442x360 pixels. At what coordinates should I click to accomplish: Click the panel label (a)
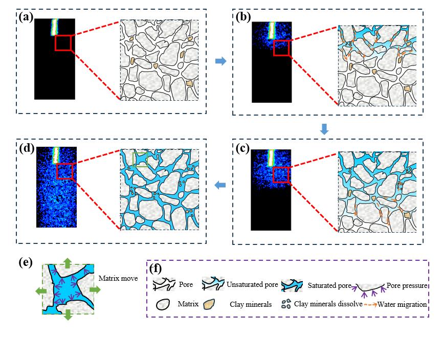[x=26, y=17]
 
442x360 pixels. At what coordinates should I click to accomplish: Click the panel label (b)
[x=243, y=17]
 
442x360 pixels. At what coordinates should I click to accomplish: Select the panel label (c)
[x=243, y=148]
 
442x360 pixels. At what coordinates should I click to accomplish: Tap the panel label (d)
[x=27, y=148]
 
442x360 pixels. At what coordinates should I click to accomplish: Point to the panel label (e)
[x=26, y=262]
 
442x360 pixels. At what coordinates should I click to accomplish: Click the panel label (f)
[x=156, y=268]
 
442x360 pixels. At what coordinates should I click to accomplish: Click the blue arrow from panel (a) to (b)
[x=220, y=61]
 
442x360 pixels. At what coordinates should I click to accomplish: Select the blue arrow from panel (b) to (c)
[x=324, y=129]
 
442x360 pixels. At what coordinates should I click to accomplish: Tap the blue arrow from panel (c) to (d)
[x=220, y=185]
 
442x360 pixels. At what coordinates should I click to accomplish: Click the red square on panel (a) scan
[x=63, y=42]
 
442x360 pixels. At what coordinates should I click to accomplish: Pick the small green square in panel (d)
[x=140, y=159]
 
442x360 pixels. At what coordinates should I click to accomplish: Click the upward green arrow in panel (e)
[x=67, y=263]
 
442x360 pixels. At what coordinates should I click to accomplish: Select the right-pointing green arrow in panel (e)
[x=95, y=289]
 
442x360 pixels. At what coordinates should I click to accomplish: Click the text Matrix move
[x=118, y=278]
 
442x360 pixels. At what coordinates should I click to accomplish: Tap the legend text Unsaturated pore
[x=252, y=284]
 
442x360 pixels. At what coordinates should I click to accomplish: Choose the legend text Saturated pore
[x=329, y=285]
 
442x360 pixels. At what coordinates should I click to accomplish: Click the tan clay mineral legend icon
[x=209, y=304]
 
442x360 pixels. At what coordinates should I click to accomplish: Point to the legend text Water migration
[x=402, y=304]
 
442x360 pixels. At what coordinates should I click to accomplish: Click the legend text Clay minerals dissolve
[x=328, y=304]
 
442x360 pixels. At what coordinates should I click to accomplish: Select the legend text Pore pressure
[x=407, y=285]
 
